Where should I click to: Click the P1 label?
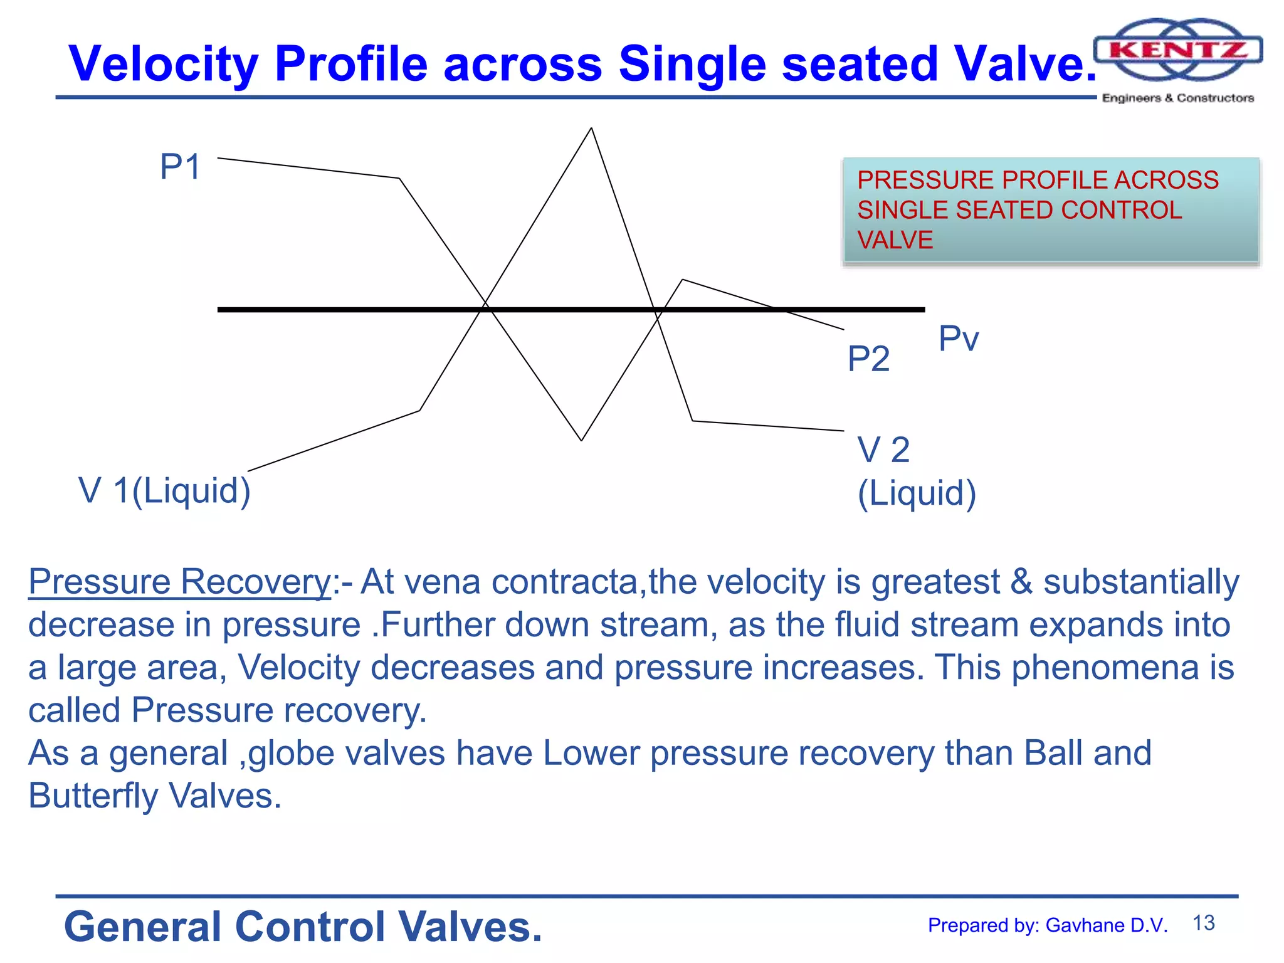180,167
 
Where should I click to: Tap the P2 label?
868,359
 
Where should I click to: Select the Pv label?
958,339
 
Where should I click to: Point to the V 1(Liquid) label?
164,490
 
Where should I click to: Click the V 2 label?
883,450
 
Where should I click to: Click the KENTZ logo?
1177,50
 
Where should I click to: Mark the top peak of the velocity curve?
591,129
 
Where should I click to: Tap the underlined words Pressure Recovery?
180,581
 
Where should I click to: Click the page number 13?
1203,923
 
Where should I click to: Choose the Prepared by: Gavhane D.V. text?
1048,925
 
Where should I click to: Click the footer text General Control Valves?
303,927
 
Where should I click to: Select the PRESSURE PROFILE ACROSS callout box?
1051,210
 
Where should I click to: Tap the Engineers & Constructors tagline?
1177,98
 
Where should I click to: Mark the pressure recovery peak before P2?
682,280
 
